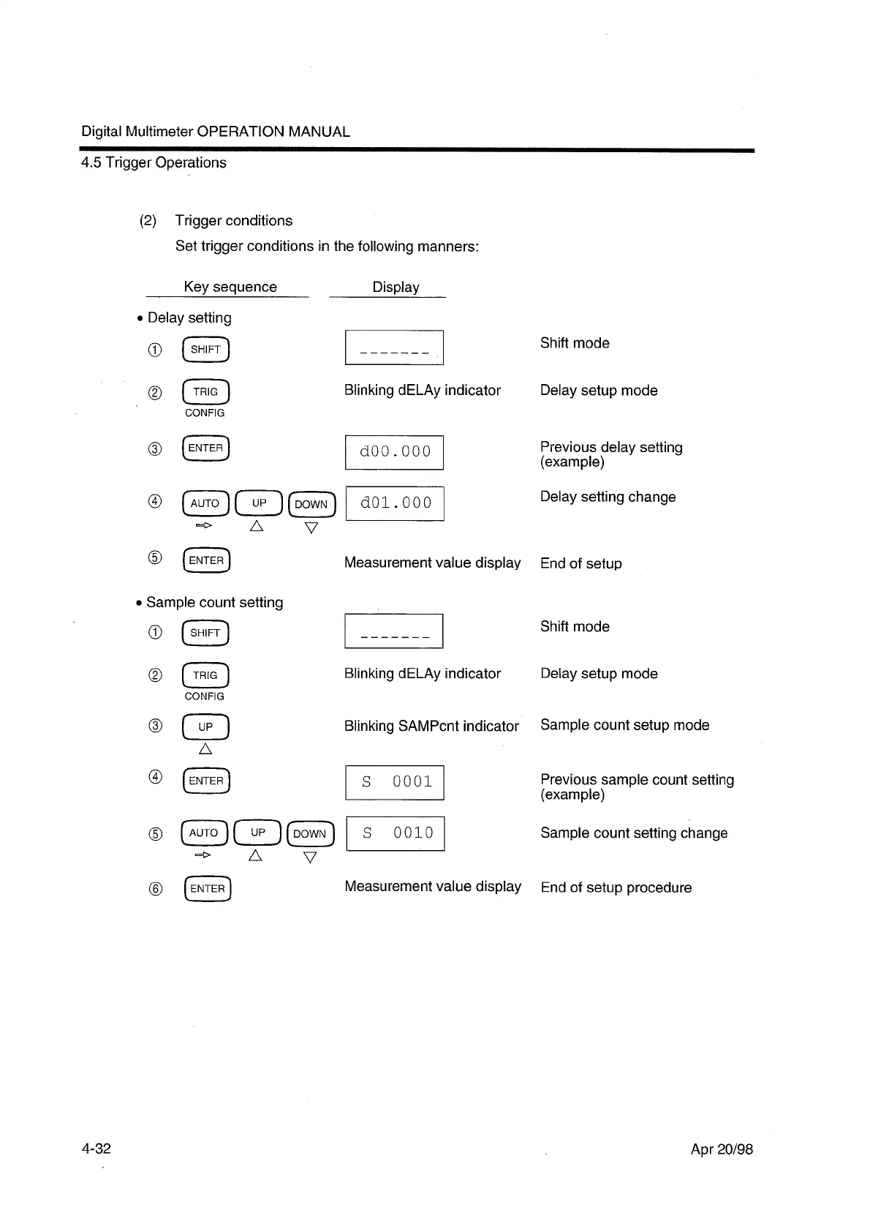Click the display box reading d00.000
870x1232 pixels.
click(394, 451)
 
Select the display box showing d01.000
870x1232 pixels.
click(395, 503)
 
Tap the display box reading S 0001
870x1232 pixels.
click(394, 782)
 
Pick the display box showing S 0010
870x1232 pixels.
click(395, 833)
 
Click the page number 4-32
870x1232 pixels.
click(96, 1149)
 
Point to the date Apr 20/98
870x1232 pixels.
click(722, 1149)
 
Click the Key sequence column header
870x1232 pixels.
click(230, 287)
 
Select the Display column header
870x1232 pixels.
click(396, 287)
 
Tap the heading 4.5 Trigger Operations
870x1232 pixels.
click(154, 162)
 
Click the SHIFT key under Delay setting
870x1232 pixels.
click(205, 350)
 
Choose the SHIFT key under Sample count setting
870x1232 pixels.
click(205, 633)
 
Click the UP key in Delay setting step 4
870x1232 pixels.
click(258, 503)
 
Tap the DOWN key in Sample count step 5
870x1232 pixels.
click(310, 833)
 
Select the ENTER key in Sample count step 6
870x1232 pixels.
click(207, 889)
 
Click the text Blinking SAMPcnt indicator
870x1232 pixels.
click(431, 726)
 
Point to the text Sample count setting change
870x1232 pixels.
click(634, 833)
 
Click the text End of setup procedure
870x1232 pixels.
click(616, 887)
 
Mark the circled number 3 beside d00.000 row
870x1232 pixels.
click(155, 448)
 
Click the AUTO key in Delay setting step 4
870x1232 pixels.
click(205, 503)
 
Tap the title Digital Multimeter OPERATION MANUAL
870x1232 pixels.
click(216, 132)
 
